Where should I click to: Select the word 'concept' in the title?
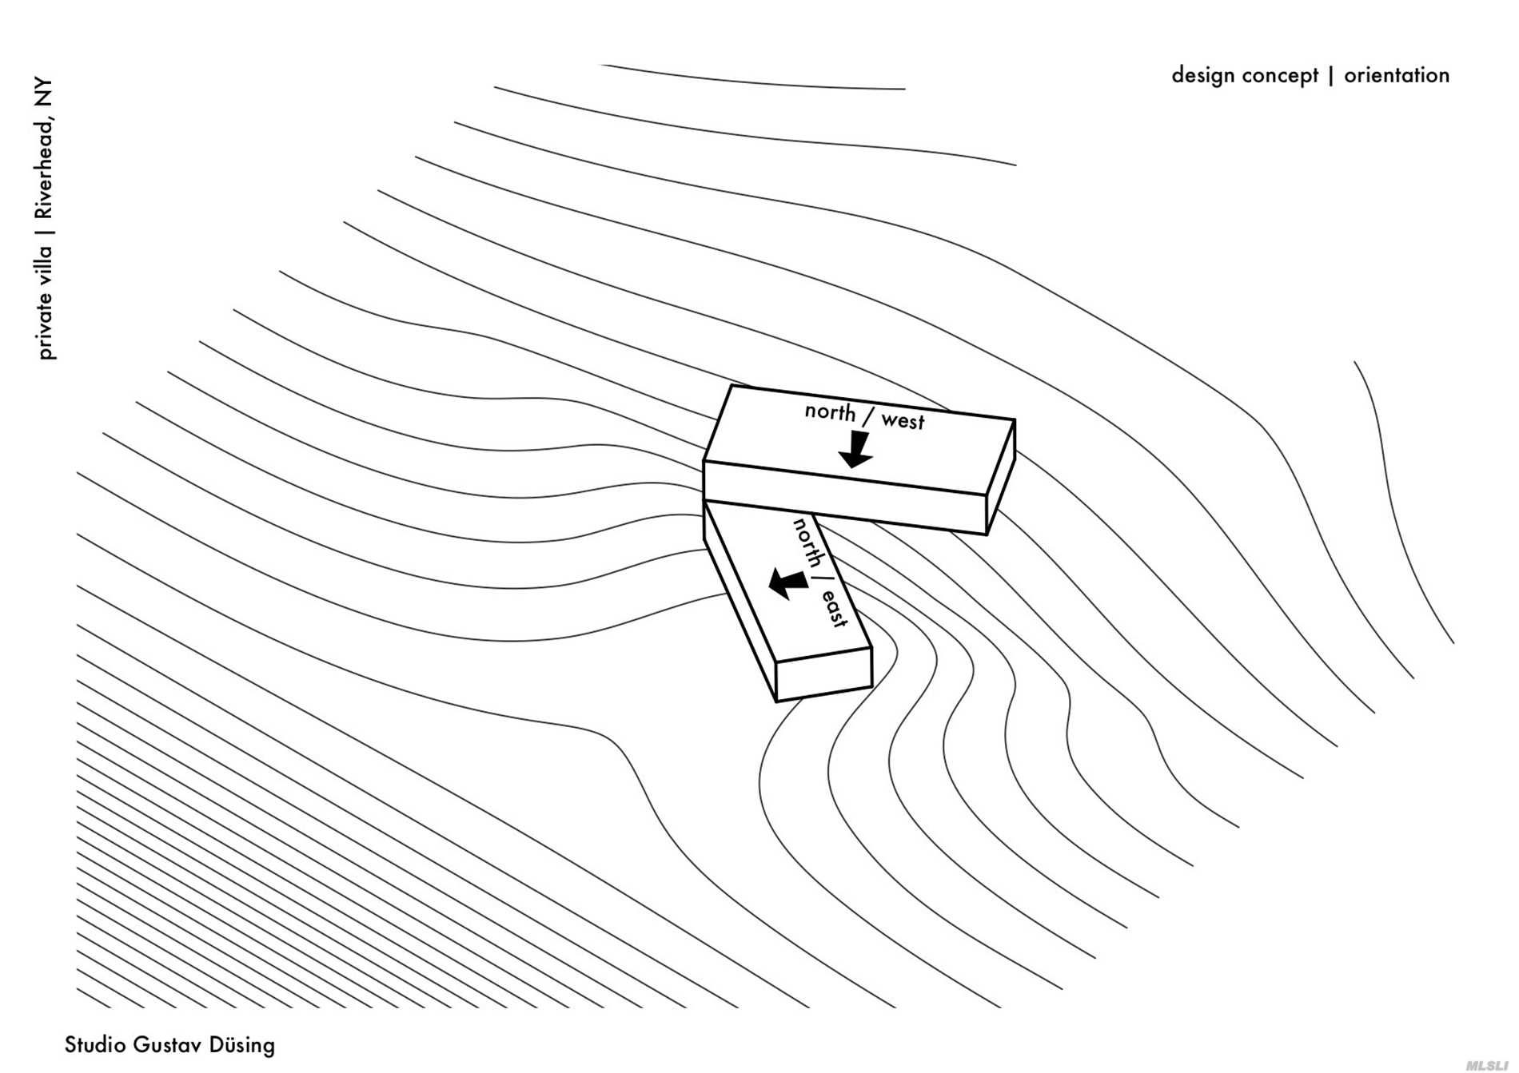(1281, 76)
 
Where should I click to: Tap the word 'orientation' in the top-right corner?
(1396, 75)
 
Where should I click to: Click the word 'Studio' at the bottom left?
(95, 1044)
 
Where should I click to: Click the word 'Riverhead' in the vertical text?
(44, 168)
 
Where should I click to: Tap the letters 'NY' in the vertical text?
(43, 91)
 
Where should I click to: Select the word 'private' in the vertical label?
(45, 327)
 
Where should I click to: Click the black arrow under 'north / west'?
(856, 449)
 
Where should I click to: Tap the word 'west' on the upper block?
(903, 421)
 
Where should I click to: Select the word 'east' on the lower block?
(835, 609)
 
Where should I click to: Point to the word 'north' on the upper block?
(830, 411)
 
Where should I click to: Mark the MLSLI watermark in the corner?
(1486, 1065)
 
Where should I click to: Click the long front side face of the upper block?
(844, 496)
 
